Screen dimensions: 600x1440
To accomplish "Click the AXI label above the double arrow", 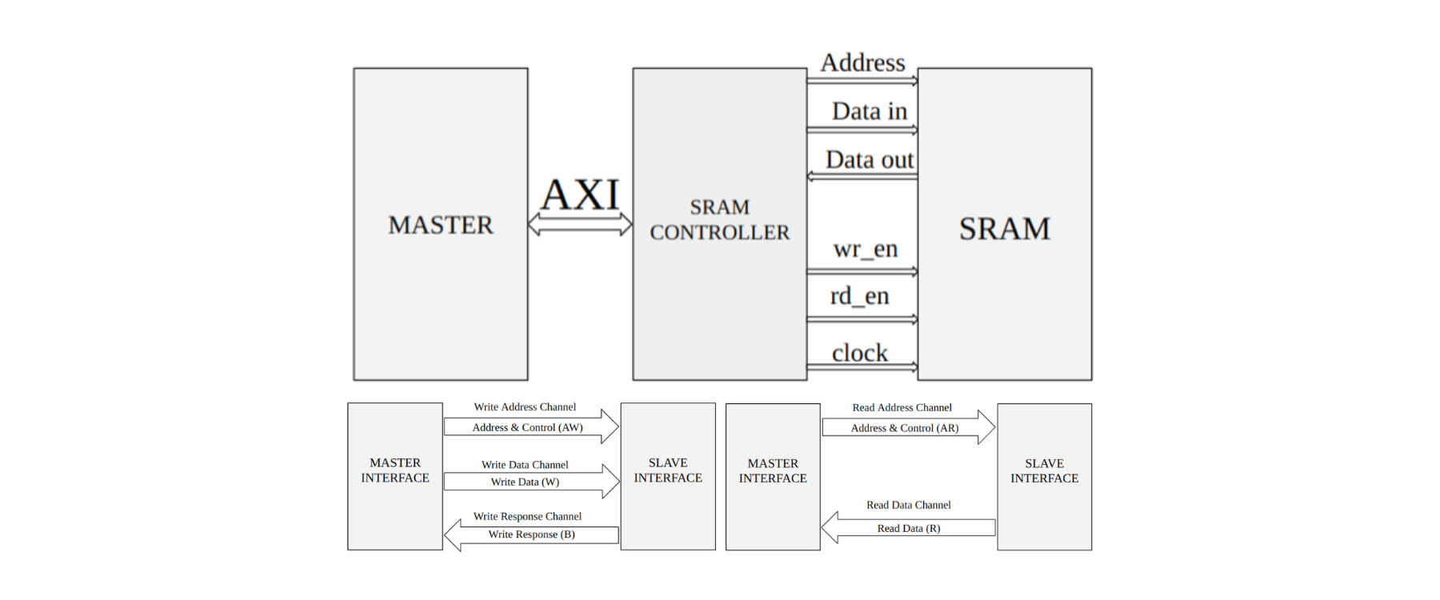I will (580, 194).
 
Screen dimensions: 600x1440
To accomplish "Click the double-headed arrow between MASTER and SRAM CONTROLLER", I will (580, 225).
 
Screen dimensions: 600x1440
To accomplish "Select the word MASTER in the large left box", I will (441, 225).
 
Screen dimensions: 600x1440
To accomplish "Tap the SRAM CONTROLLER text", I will (719, 220).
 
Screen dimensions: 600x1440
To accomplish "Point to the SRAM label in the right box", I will (1004, 229).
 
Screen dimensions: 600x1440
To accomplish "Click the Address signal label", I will (862, 62).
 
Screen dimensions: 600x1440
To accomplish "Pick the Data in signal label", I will (870, 111).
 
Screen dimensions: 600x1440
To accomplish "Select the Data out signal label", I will (870, 160).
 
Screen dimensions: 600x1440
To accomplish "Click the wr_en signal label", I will (866, 249).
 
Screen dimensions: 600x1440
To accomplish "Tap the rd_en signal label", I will (860, 296).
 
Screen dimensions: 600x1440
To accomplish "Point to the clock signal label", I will (860, 353).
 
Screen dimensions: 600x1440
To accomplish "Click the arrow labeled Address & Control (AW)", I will (528, 427).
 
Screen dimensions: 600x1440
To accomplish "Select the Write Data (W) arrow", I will (526, 482).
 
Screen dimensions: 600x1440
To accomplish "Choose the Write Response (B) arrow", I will (532, 534).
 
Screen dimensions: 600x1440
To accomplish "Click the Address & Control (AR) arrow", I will (905, 428).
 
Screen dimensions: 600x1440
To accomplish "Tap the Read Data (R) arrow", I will (909, 528).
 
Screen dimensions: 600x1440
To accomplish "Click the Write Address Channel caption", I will (525, 407).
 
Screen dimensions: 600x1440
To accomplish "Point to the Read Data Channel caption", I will (909, 505).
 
